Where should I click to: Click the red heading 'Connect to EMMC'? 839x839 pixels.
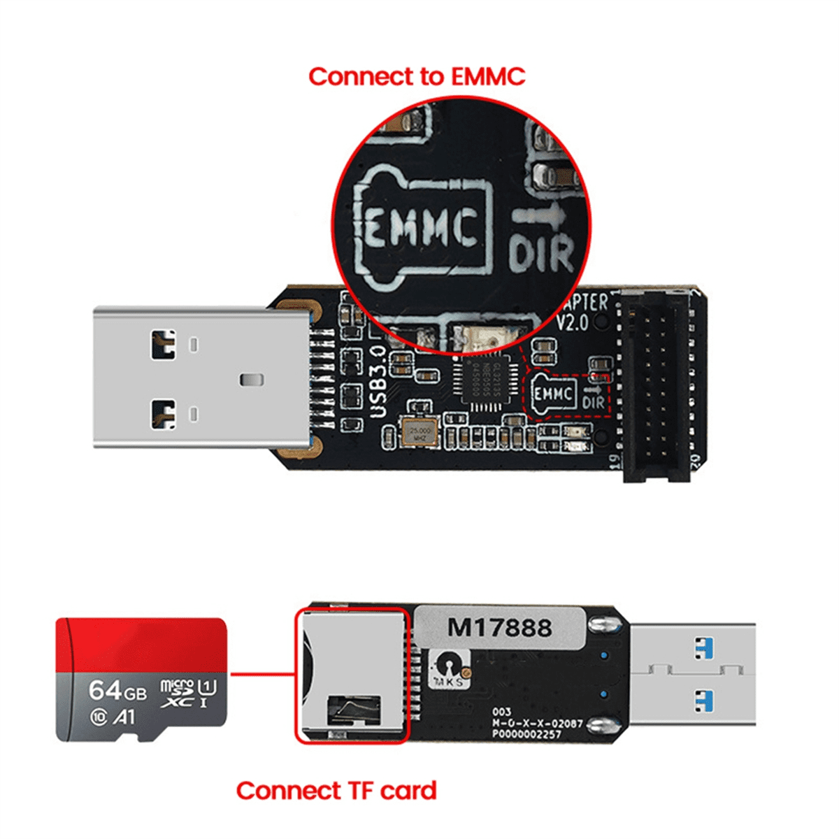coord(417,76)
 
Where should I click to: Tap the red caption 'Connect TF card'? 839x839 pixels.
coord(336,791)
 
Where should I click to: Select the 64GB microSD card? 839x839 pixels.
coord(141,679)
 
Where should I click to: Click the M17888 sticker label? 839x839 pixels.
coord(499,627)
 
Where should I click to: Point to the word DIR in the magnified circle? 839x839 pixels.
coord(541,252)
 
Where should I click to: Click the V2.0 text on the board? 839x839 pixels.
coord(573,323)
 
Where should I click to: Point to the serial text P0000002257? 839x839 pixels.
coord(526,735)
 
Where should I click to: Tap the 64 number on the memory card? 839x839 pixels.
coord(106,690)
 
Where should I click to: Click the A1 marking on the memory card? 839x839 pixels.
coord(124,717)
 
